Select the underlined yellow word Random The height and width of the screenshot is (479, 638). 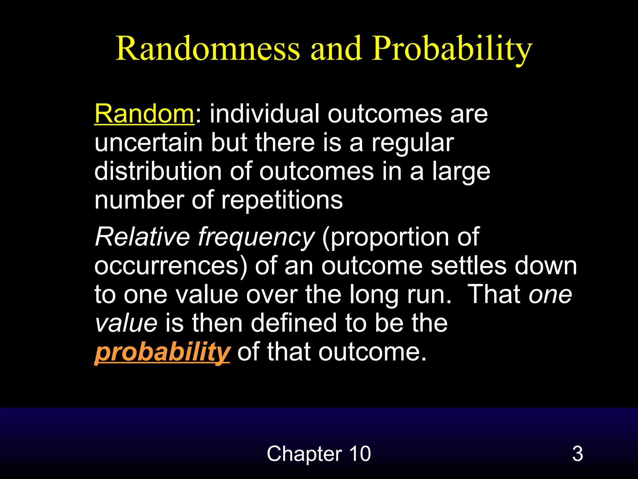pyautogui.click(x=144, y=114)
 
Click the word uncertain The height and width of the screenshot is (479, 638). pyautogui.click(x=149, y=143)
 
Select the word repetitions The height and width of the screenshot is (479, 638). pyautogui.click(x=282, y=200)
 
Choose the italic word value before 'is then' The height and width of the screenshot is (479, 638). pyautogui.click(x=126, y=323)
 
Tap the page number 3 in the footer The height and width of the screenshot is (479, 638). pyautogui.click(x=577, y=454)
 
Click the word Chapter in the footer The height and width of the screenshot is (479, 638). pyautogui.click(x=304, y=454)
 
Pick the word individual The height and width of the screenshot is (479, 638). pyautogui.click(x=264, y=114)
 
